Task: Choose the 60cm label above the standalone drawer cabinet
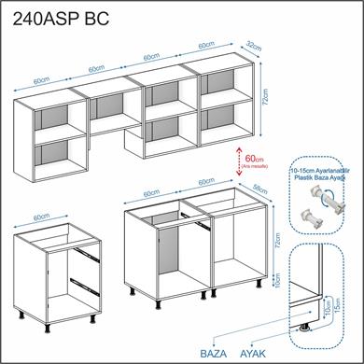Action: coord(41,217)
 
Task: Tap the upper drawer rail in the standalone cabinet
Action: coord(85,249)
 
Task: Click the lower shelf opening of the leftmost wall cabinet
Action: coord(51,154)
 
